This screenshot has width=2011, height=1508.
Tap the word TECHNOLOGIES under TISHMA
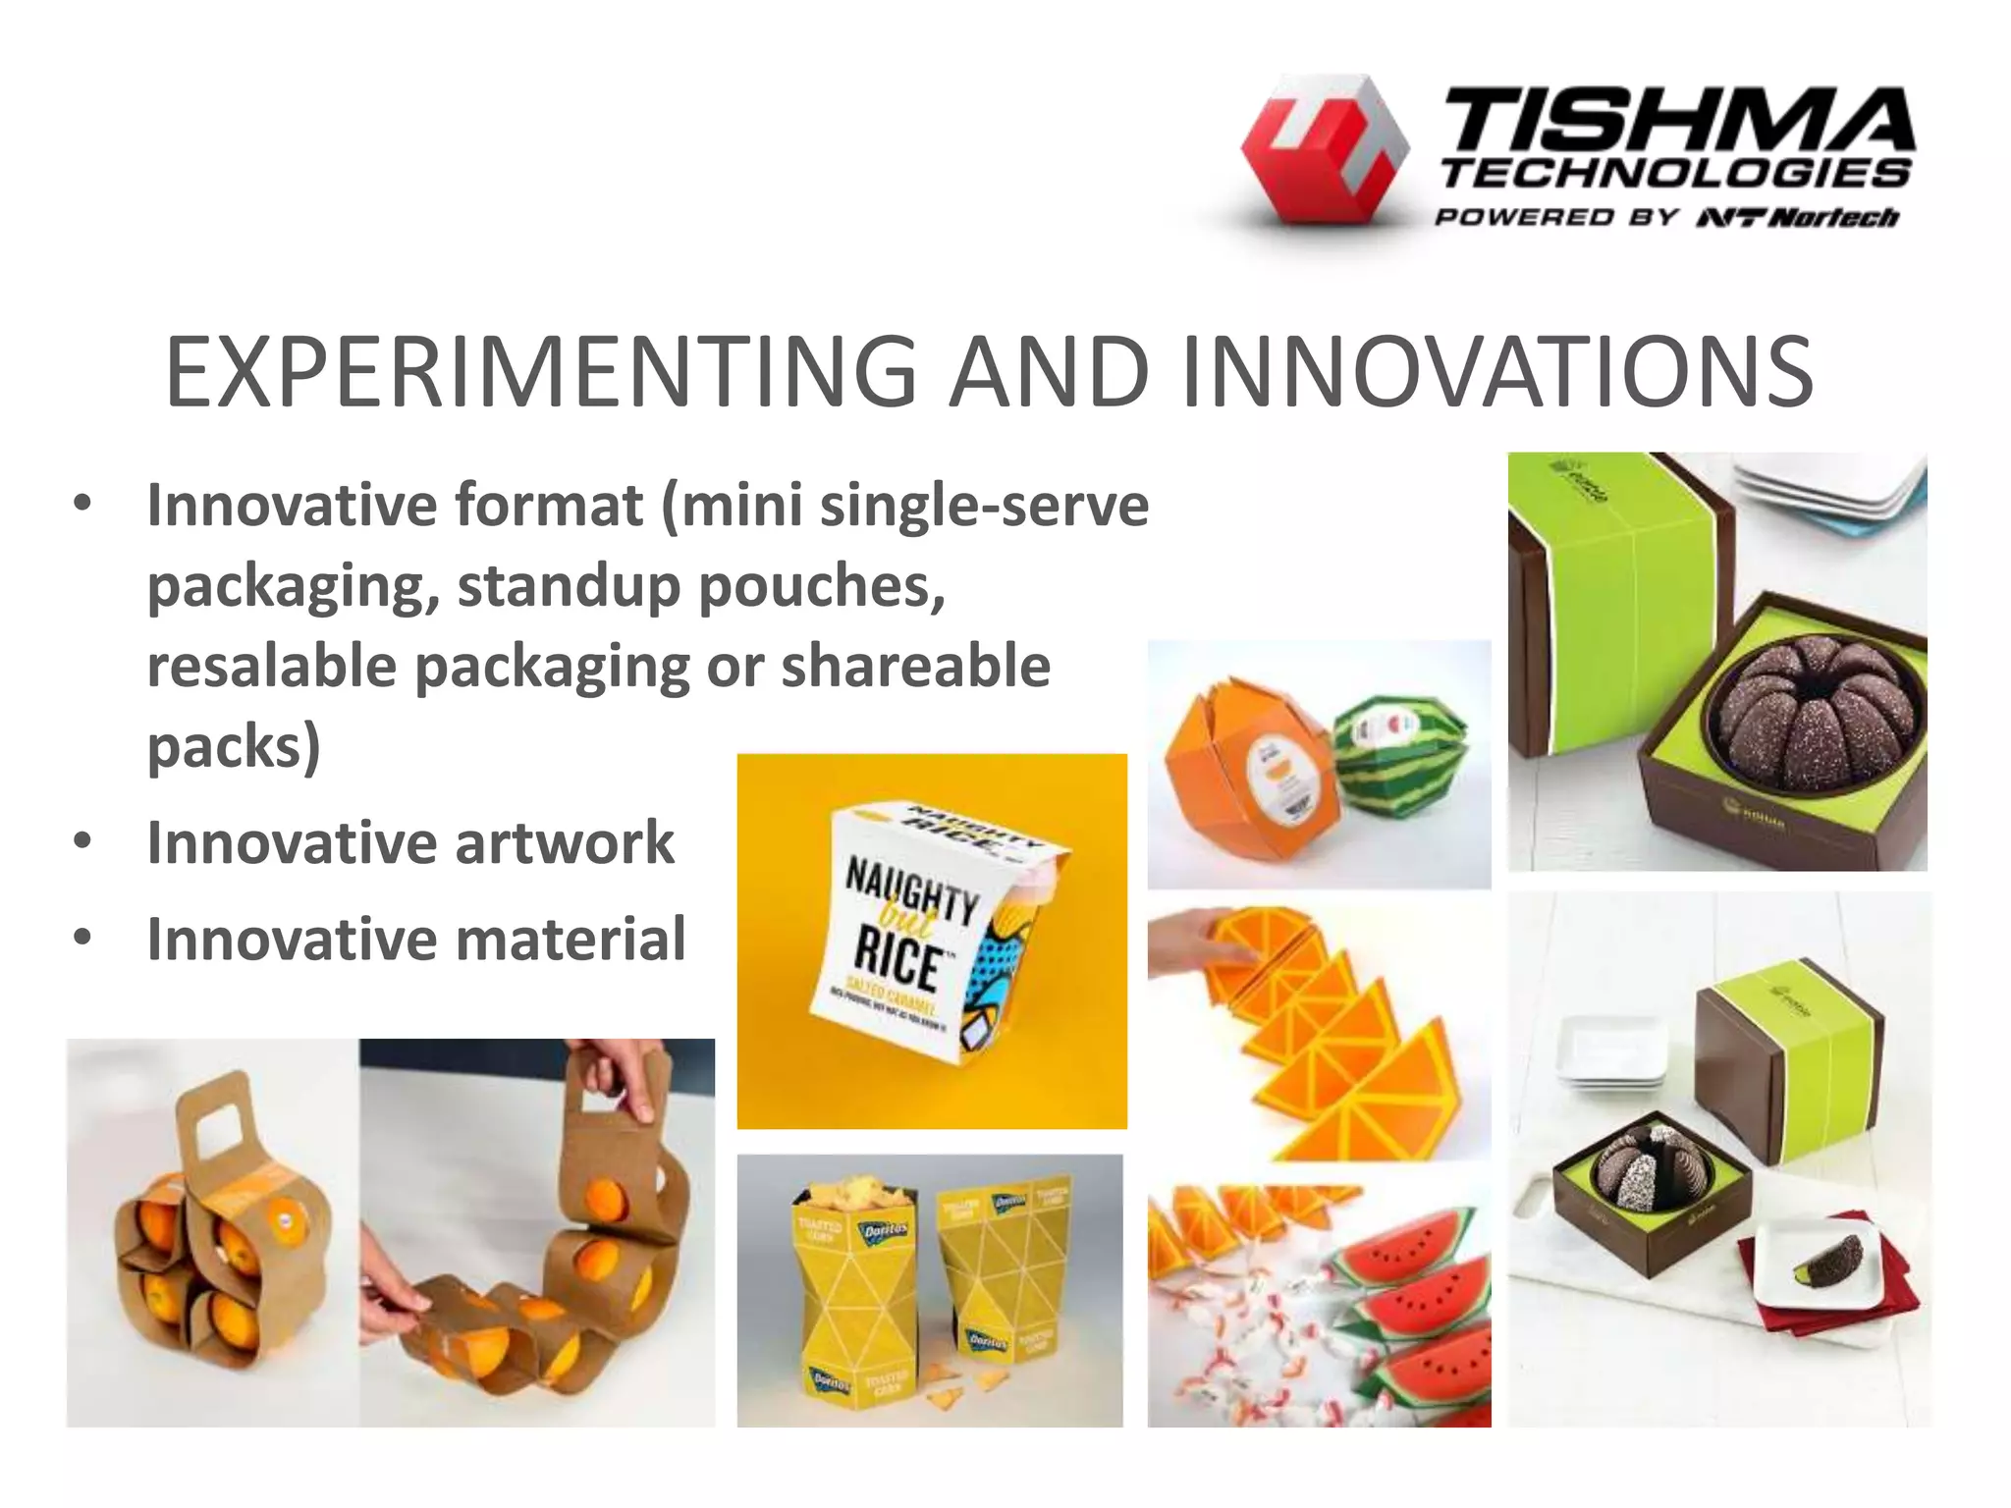tap(1675, 175)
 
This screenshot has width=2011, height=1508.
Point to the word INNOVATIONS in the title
tap(1496, 372)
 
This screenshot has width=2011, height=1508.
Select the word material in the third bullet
tap(571, 939)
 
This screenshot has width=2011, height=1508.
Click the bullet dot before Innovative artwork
tap(82, 842)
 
